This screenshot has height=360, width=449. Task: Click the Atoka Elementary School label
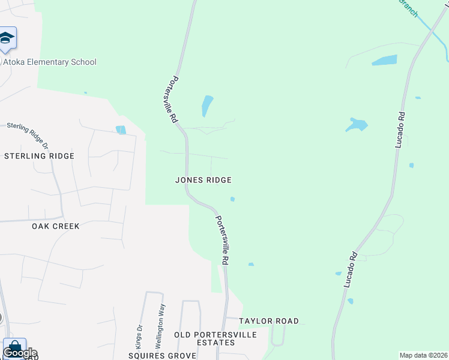(50, 62)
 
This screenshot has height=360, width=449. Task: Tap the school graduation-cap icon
(7, 38)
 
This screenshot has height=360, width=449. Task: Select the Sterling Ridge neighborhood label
(39, 156)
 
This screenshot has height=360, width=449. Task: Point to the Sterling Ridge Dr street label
(30, 134)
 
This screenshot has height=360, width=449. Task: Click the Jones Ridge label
(203, 180)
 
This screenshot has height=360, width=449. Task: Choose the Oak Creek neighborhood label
(56, 226)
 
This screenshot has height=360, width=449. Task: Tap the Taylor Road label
(269, 322)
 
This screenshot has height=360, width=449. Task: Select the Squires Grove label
(162, 356)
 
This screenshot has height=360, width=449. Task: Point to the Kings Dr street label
(139, 337)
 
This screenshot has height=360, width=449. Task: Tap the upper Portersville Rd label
(175, 99)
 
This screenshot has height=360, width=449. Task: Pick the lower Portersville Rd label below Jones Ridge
(222, 241)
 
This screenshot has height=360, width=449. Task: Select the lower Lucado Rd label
(351, 268)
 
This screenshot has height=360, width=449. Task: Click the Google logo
(20, 353)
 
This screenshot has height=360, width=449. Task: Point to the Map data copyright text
(423, 355)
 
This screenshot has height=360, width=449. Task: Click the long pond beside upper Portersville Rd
(206, 106)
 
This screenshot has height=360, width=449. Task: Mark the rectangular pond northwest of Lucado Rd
(384, 60)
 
